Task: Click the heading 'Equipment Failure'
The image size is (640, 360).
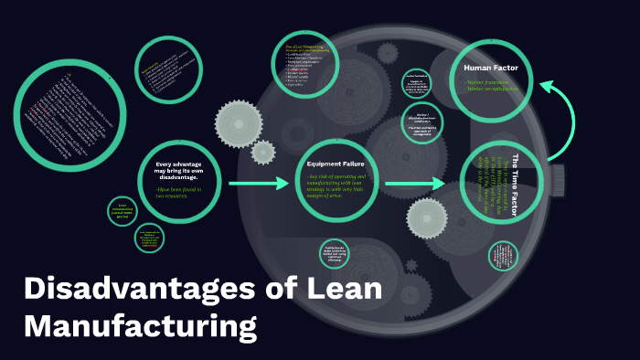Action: tap(336, 164)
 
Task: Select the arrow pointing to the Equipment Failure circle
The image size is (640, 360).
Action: tap(258, 185)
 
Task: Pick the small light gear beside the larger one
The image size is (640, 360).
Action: tap(263, 152)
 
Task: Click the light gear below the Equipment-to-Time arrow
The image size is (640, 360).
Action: tap(426, 218)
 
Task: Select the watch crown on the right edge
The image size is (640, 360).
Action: tap(557, 174)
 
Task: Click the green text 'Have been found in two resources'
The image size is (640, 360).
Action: tap(180, 193)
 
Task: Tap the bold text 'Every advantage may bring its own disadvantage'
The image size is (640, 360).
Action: tap(180, 172)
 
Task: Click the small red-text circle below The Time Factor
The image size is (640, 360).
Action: tap(505, 256)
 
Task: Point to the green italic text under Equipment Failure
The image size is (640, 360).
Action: tap(336, 186)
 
